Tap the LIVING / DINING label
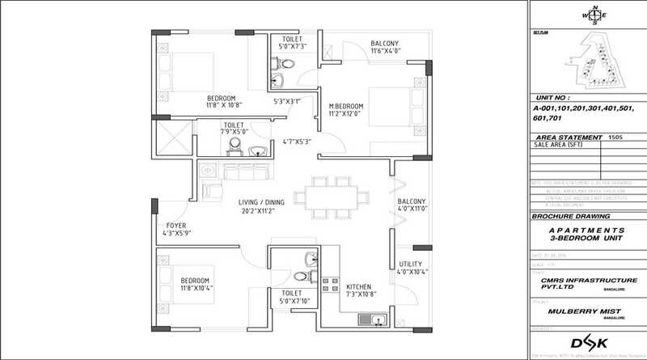tap(265, 202)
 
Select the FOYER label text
tap(177, 225)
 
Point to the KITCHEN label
tap(358, 286)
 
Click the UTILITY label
tap(410, 265)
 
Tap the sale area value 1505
tap(616, 138)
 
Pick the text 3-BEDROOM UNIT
tap(588, 240)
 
